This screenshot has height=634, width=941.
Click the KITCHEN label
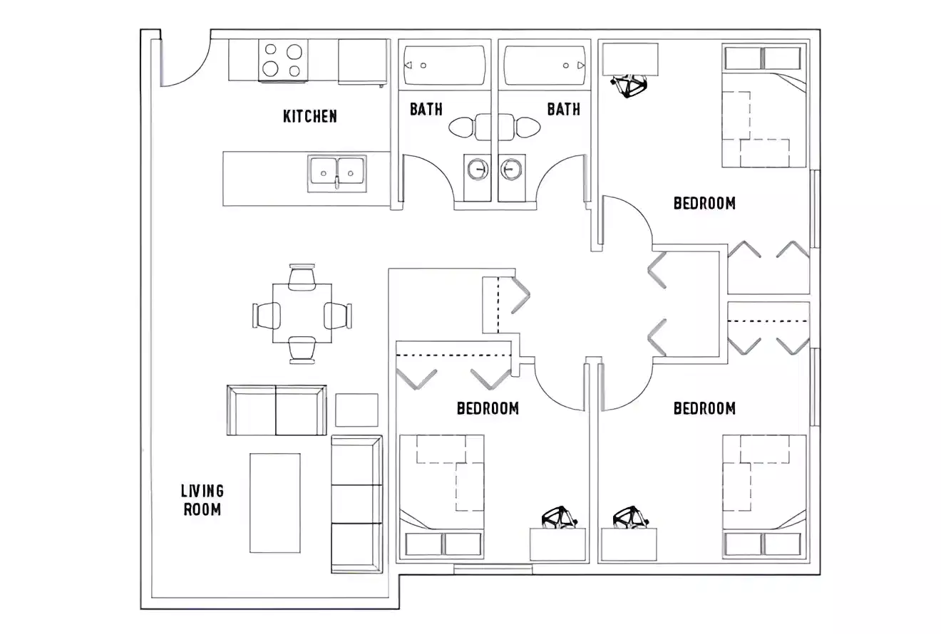tap(310, 116)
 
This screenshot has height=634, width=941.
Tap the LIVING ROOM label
tap(202, 500)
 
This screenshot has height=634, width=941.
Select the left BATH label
tap(426, 109)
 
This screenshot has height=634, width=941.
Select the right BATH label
tap(563, 109)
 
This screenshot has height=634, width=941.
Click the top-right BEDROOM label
tap(704, 203)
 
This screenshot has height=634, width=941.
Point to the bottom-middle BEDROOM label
tap(488, 408)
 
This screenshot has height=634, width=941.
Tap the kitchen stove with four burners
tap(282, 60)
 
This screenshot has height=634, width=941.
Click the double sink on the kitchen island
tap(338, 172)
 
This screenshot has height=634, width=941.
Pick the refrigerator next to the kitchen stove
tap(362, 62)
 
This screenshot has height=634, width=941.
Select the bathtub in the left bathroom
tap(445, 66)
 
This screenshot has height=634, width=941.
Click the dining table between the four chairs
tap(302, 313)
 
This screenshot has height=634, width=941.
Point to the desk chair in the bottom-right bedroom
tap(630, 518)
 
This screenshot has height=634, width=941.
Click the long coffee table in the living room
tap(274, 502)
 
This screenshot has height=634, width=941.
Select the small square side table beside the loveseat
tap(356, 410)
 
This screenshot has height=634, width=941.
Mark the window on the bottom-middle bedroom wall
tap(493, 568)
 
